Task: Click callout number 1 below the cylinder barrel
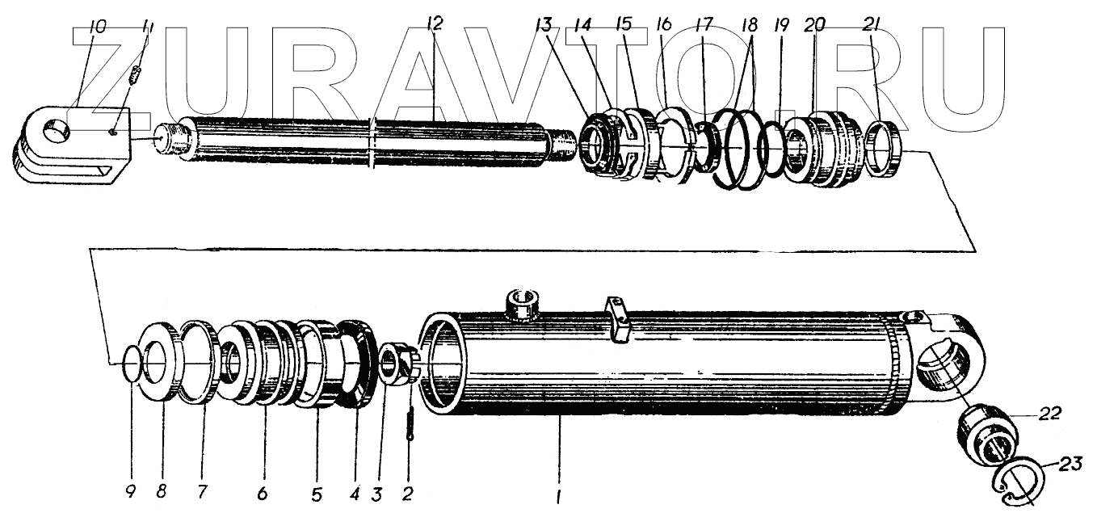557,498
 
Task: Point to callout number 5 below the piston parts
317,490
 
